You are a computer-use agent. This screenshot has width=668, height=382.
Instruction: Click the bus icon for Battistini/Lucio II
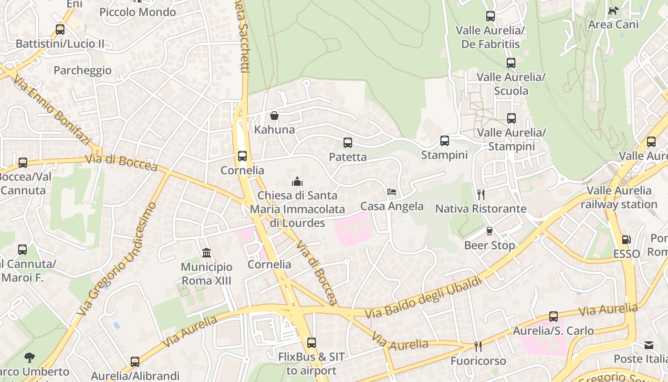(x=60, y=29)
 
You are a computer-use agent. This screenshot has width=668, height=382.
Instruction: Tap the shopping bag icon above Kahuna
(x=274, y=115)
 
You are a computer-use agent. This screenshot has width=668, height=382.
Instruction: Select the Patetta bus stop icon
(x=348, y=142)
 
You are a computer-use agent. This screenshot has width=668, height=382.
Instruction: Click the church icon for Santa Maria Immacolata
(x=297, y=181)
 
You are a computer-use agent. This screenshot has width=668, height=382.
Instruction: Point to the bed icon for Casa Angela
(x=392, y=192)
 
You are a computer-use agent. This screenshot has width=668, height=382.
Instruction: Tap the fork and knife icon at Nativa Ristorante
(x=481, y=194)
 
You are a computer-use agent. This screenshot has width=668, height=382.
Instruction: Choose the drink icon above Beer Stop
(x=489, y=231)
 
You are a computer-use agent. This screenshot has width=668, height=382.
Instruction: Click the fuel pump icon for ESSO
(x=626, y=240)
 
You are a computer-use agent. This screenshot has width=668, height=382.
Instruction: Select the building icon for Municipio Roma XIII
(x=207, y=253)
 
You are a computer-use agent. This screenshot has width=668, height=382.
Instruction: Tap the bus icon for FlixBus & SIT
(x=312, y=342)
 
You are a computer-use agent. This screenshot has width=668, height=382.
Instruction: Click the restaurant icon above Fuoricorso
(x=477, y=346)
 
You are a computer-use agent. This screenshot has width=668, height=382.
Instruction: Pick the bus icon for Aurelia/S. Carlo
(x=553, y=316)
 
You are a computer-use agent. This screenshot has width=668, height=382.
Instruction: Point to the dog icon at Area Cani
(x=613, y=10)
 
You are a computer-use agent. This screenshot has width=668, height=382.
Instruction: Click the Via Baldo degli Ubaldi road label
(x=423, y=298)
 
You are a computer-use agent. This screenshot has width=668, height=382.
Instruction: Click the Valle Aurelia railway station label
(x=619, y=197)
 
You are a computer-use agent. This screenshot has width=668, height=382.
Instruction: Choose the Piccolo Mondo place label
(x=137, y=12)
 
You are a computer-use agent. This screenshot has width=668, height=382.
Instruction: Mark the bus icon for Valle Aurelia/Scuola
(x=511, y=63)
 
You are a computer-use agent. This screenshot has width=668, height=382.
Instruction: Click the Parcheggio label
(x=83, y=70)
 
